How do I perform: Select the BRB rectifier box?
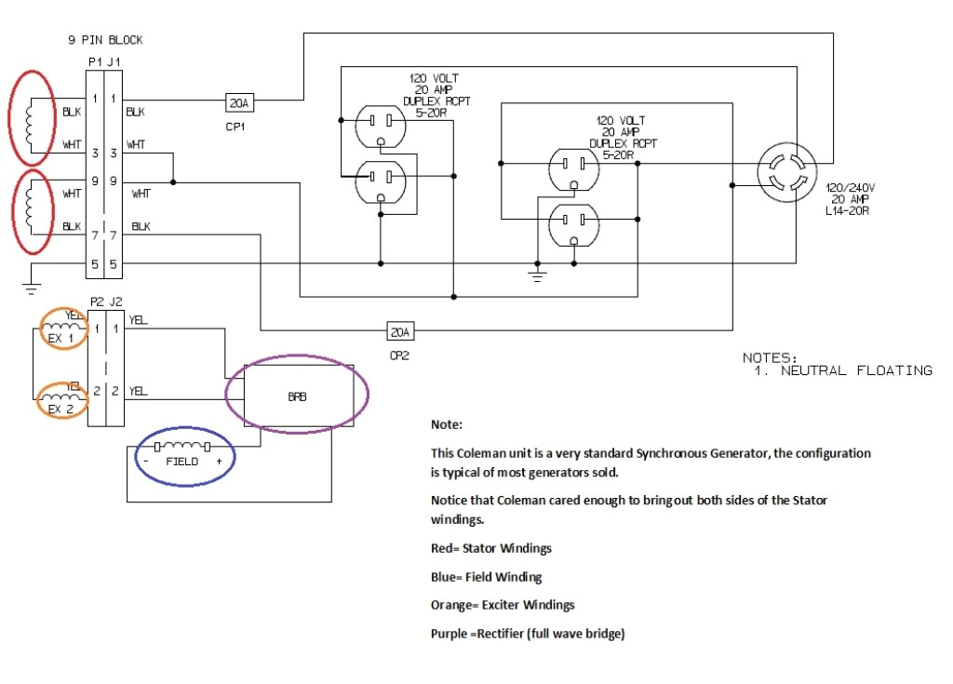point(297,395)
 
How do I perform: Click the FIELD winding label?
point(182,461)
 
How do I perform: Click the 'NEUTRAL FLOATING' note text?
point(856,370)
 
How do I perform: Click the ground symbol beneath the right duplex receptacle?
point(537,274)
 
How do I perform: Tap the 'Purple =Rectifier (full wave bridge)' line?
point(528,634)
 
